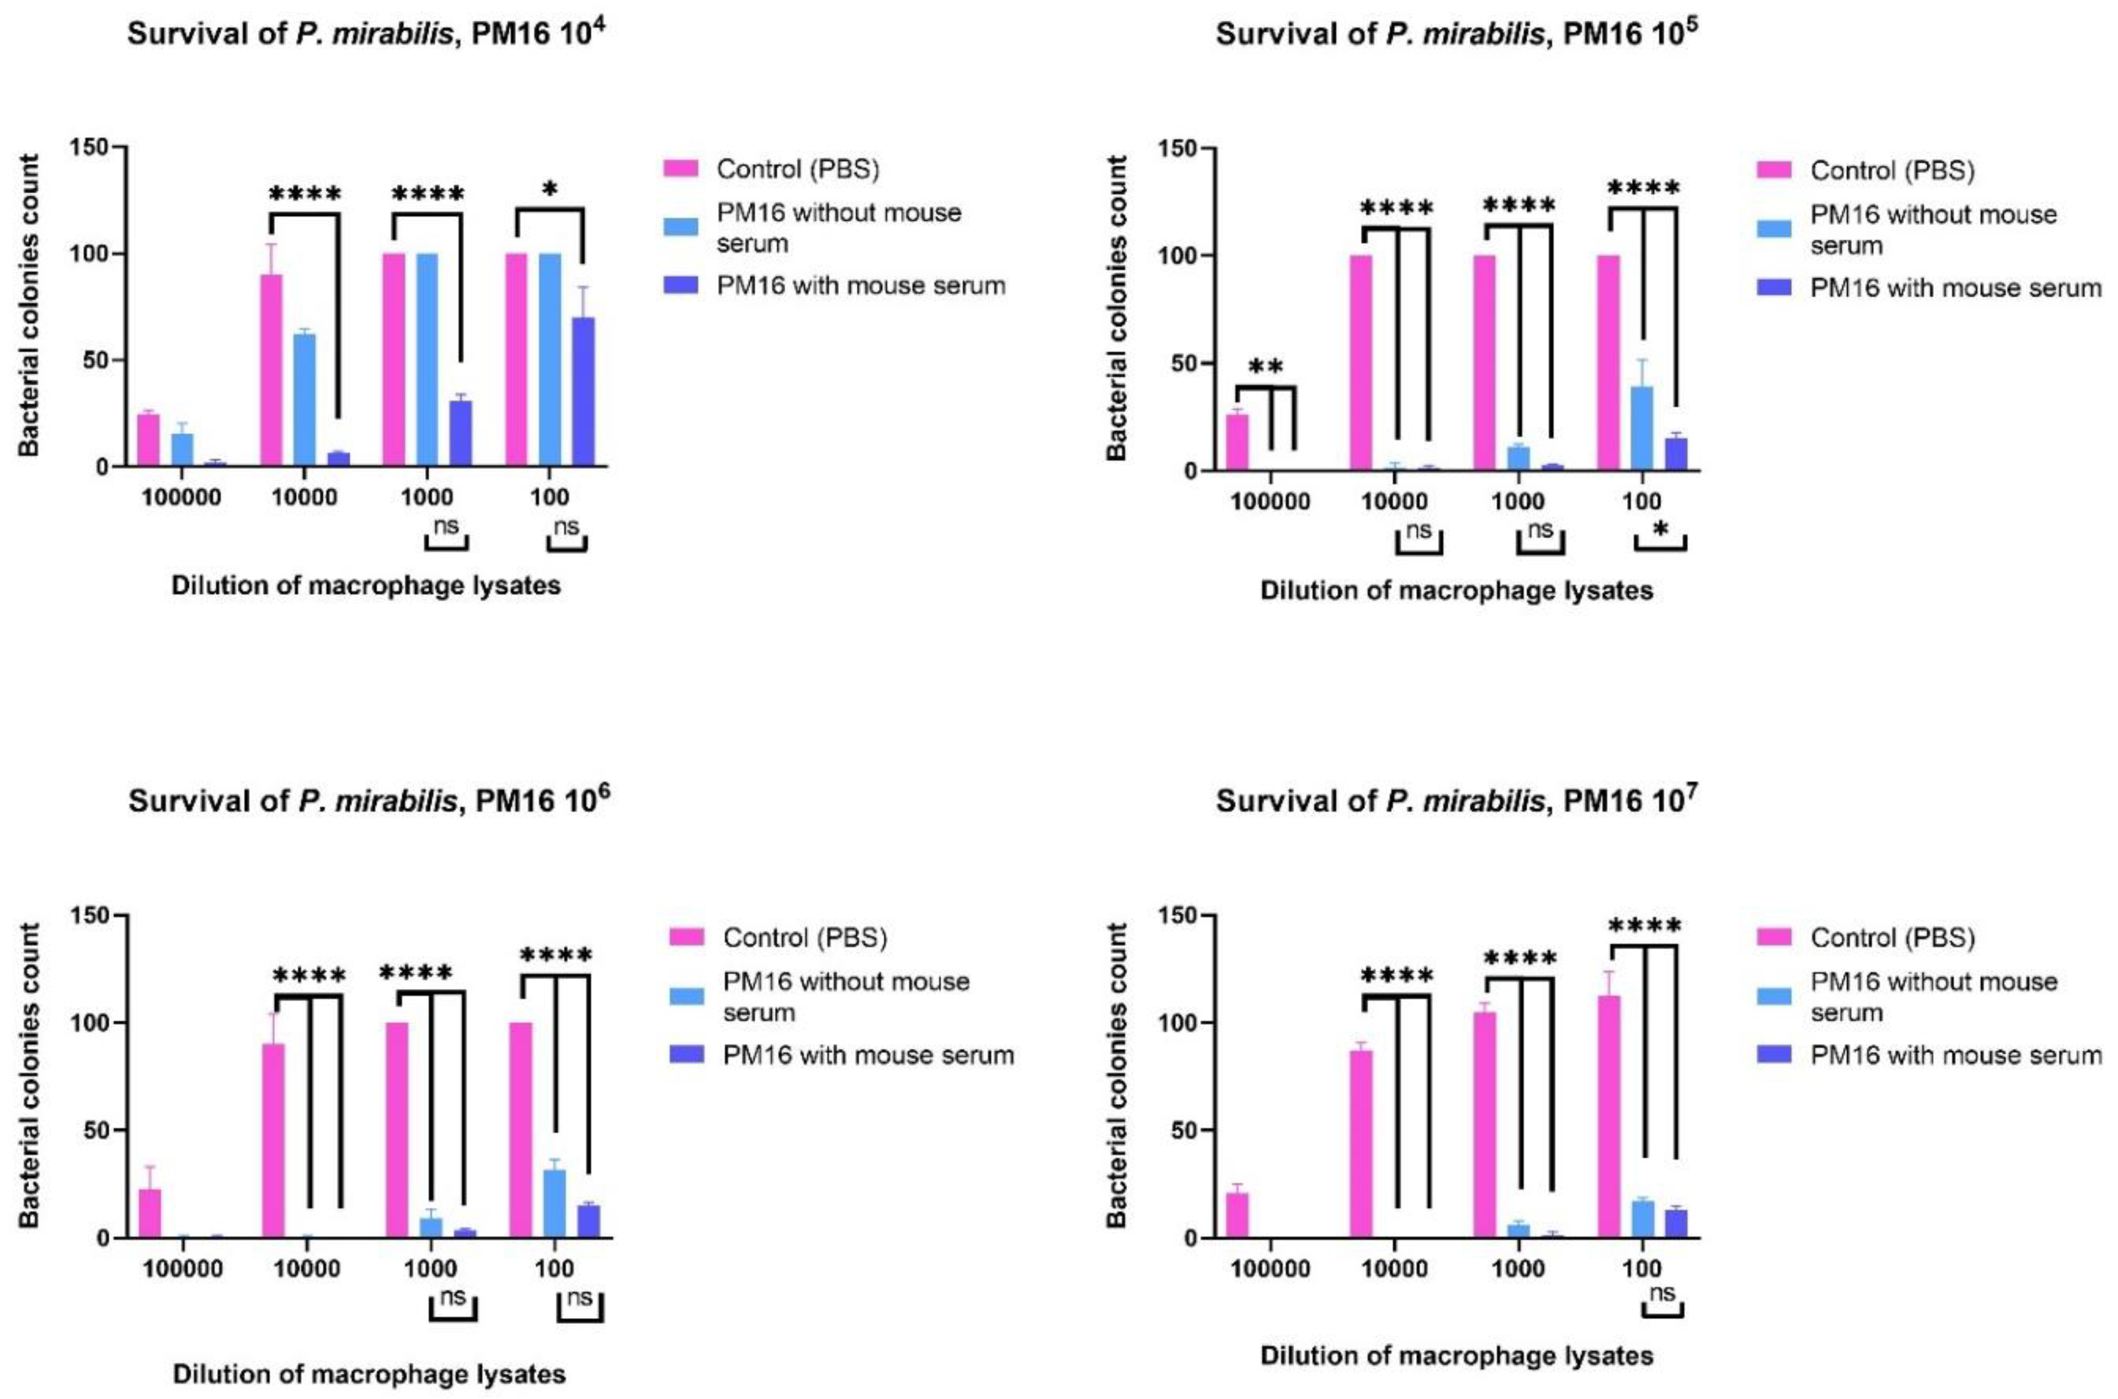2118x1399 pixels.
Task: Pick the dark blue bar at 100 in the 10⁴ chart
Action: pos(583,393)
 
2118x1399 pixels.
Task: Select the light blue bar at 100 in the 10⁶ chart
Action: pos(554,1204)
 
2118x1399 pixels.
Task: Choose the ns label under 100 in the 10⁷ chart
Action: pos(1662,1293)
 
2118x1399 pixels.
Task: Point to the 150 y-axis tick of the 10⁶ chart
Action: pos(96,916)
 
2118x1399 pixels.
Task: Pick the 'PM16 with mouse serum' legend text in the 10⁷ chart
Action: pos(1955,1055)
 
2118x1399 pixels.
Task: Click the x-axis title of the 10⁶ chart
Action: pos(369,1374)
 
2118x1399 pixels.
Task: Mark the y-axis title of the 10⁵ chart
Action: pos(1118,309)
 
